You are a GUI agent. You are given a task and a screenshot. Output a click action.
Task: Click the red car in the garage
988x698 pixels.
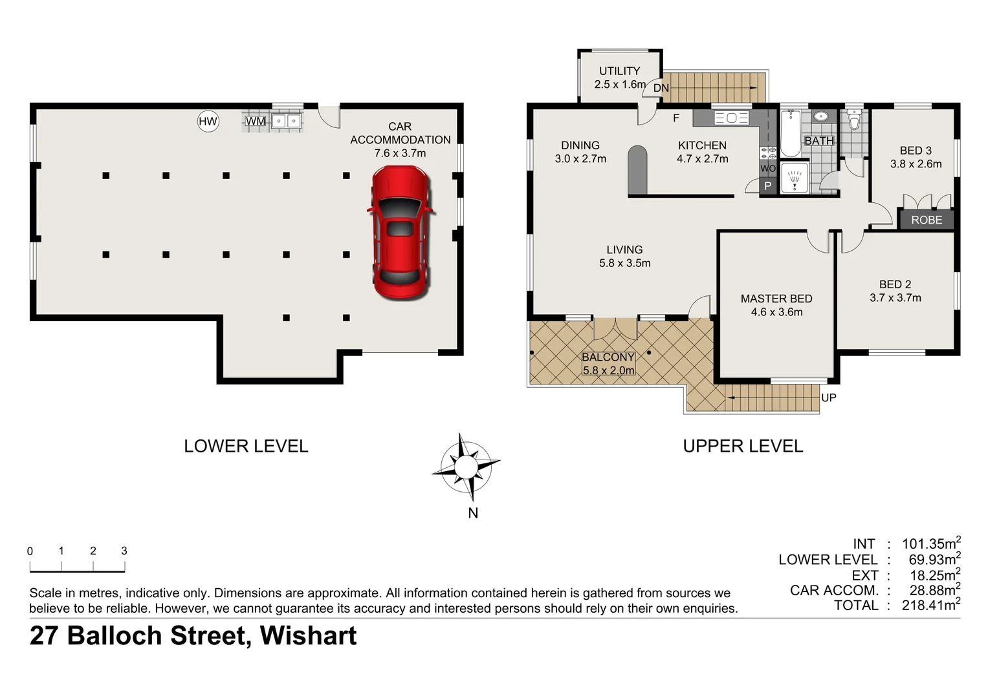point(400,233)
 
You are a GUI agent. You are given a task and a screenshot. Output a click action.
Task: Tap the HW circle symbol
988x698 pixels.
point(208,122)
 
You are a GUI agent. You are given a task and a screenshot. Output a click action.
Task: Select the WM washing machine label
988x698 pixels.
point(255,122)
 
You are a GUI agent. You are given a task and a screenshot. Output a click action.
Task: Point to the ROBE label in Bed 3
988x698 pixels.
point(926,220)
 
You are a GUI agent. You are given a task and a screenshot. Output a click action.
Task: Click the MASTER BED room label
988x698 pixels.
point(776,299)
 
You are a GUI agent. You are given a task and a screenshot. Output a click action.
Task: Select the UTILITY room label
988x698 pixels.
point(619,71)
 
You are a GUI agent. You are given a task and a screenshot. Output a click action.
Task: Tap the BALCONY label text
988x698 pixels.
point(608,357)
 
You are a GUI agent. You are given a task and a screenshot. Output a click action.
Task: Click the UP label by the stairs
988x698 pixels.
point(828,397)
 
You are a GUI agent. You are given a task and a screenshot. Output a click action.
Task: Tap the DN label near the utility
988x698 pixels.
point(661,88)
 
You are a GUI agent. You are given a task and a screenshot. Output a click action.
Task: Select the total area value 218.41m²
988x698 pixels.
point(930,606)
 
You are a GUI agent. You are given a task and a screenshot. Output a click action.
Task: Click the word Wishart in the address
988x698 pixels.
point(308,636)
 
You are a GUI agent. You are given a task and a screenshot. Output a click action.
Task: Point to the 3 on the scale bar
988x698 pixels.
point(124,551)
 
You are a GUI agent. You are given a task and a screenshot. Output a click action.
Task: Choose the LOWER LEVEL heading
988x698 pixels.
point(246,446)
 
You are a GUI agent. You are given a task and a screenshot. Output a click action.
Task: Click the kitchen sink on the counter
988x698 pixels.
point(732,118)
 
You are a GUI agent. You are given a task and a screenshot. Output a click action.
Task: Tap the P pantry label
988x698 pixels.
point(767,186)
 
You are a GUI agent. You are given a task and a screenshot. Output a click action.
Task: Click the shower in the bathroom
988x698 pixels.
point(794,177)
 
